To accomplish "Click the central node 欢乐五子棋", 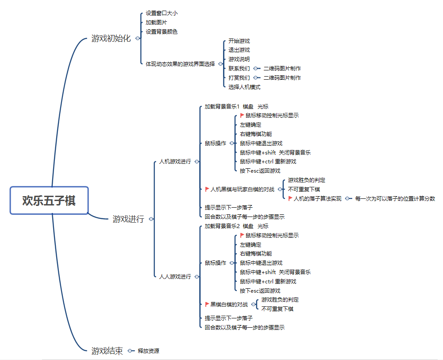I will coord(49,201).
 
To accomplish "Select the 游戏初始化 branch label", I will coord(111,39).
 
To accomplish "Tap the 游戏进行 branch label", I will coord(128,219).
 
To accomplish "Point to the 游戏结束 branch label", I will coord(107,351).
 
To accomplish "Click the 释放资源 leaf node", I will coord(148,351).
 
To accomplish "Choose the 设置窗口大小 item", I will coord(162,13).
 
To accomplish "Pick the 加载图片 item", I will coord(156,22).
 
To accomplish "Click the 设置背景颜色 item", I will coord(162,31).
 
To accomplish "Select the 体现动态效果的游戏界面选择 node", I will coord(180,64).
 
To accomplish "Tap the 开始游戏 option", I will coord(239,41).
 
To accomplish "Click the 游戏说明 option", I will coord(239,59).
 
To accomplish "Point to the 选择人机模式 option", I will coord(244,87).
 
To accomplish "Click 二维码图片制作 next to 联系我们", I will coord(282,68).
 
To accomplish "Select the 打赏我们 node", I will coord(239,77).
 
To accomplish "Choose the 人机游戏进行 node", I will coord(175,162).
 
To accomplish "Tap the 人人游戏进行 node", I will coord(175,276).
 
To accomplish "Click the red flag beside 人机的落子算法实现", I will coord(290,198).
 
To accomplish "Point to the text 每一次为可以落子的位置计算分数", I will coord(395,199).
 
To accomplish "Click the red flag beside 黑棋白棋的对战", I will coord(207,304).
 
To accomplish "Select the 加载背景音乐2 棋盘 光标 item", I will coord(236,226).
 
